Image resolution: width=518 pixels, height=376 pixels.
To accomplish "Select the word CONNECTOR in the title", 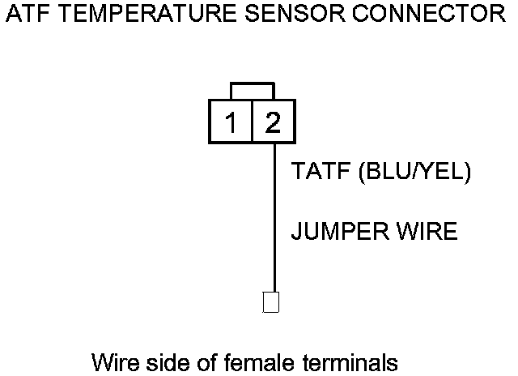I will [430, 15].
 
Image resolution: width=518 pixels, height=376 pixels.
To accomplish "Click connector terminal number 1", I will [231, 123].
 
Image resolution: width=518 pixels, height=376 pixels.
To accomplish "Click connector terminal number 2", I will [273, 123].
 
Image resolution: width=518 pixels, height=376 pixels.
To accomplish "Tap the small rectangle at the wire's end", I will [273, 302].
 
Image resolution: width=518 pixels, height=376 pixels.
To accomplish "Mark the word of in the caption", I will [205, 361].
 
